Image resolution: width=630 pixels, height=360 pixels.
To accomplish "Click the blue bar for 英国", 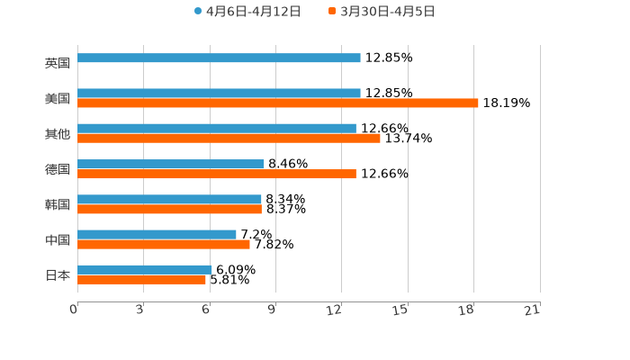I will [219, 58].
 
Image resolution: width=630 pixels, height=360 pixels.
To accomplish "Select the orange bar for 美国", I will [278, 103].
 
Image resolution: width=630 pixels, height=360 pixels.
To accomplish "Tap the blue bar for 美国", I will [219, 93].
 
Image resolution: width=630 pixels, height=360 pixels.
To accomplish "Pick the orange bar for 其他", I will [229, 139].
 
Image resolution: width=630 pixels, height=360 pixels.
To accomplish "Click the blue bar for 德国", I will [171, 164].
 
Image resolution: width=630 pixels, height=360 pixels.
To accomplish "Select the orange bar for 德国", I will [217, 174].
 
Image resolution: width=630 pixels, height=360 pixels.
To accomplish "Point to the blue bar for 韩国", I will [169, 199].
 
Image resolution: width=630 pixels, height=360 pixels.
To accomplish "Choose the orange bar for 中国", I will [164, 244].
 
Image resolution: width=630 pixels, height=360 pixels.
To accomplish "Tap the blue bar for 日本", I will [145, 269].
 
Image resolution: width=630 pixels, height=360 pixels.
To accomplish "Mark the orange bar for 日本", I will [141, 279].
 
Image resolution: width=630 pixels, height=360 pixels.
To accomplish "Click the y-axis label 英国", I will [58, 63].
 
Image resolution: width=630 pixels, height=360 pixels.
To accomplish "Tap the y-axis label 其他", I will [58, 134].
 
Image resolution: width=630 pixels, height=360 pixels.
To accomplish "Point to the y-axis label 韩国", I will [58, 204].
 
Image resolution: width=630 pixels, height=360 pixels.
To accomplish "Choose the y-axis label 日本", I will [58, 274].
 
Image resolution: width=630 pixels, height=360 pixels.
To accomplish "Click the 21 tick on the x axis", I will [532, 310].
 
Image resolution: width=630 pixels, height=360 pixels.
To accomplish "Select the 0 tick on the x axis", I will [74, 310].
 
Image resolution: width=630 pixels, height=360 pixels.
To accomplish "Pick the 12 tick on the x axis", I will [335, 310].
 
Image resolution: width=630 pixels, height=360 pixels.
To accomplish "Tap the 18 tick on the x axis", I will [466, 310].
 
